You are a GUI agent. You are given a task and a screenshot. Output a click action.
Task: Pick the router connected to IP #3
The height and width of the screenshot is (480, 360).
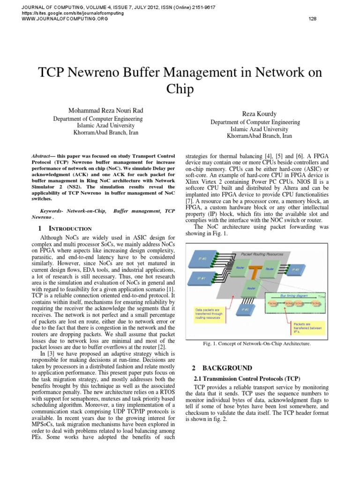pos(251,289)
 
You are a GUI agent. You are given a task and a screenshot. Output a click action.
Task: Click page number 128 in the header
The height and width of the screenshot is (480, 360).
pos(313,19)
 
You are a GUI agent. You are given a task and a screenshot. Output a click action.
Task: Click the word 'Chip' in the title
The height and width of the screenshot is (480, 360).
pos(180,89)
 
